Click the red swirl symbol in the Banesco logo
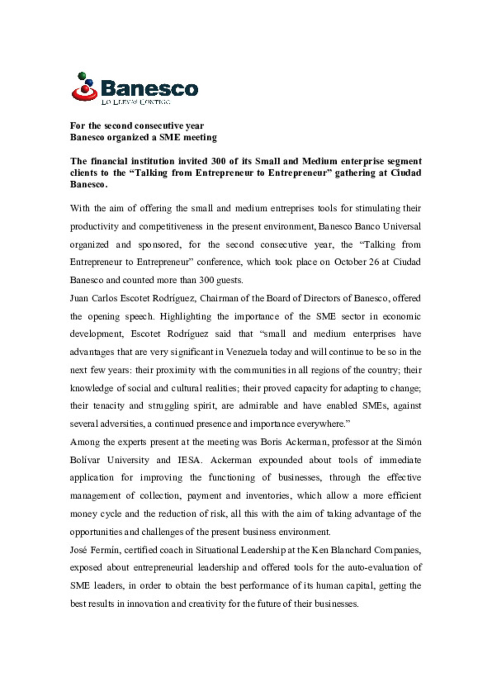(84, 92)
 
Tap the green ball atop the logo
(82, 75)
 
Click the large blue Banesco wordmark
(149, 88)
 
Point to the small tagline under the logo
(136, 102)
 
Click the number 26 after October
(374, 262)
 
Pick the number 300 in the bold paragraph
(219, 161)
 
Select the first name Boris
(271, 442)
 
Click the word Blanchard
(351, 550)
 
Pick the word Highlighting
(185, 317)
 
